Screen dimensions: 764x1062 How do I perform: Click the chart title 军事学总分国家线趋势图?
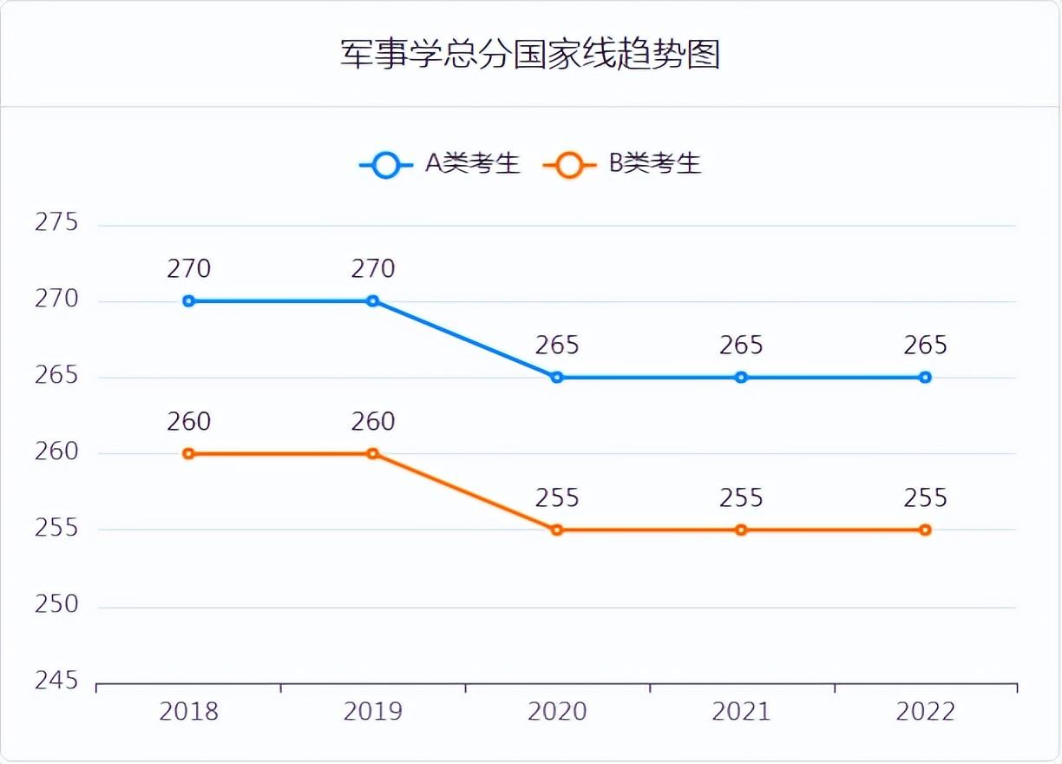(530, 54)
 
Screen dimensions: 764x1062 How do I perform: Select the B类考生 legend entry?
(624, 164)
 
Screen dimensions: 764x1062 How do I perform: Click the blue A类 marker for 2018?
(189, 301)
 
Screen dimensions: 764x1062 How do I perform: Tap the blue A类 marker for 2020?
(557, 378)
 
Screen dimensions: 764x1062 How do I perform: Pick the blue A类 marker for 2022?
(926, 378)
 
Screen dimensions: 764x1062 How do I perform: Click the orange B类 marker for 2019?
(373, 453)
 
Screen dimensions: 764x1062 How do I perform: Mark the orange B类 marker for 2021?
(741, 530)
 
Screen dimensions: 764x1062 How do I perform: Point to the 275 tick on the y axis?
(56, 223)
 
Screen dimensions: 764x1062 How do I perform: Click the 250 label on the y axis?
(56, 604)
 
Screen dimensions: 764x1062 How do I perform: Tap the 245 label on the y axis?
(56, 681)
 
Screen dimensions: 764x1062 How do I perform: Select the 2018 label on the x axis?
(189, 713)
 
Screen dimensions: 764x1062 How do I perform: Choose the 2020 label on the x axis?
(557, 713)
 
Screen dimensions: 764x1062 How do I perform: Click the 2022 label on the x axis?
(926, 713)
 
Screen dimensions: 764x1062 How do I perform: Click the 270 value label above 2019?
(373, 269)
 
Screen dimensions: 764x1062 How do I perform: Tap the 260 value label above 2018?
(189, 422)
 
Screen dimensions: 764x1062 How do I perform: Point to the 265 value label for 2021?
(741, 346)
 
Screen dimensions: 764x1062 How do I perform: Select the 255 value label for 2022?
(926, 498)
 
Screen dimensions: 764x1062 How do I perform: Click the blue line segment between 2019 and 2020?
(465, 339)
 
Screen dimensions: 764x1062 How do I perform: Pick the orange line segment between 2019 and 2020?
(465, 491)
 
